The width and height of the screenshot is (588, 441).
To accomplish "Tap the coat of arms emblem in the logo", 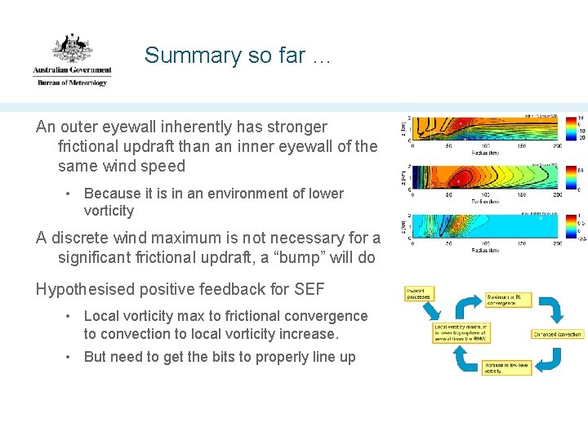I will (x=72, y=50).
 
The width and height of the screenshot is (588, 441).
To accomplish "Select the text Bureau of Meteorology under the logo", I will (x=72, y=82).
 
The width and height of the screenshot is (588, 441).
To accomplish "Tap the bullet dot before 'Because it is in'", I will (x=70, y=194).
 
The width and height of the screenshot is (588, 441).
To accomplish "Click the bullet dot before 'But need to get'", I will (x=70, y=358).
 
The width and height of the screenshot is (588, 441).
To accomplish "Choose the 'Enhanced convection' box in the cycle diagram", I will (x=558, y=334).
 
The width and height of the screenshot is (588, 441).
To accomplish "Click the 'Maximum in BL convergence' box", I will (x=509, y=300).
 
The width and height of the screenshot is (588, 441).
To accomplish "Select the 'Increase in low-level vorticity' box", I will (x=507, y=367).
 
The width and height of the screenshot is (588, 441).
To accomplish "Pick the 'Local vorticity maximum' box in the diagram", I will (x=461, y=332).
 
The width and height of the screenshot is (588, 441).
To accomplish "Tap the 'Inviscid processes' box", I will (x=419, y=292).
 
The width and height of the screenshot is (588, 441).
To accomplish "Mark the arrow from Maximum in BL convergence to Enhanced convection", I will (x=552, y=310).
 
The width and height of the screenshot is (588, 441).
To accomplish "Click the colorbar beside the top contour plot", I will (x=570, y=128).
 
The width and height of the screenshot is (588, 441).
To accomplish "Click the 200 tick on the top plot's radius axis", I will (x=555, y=147).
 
